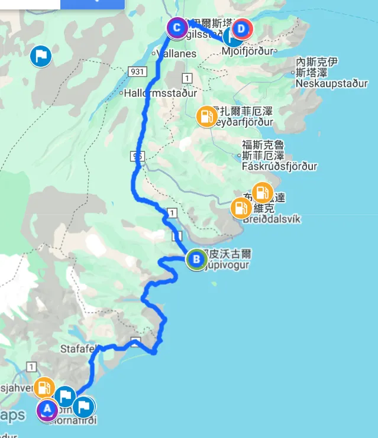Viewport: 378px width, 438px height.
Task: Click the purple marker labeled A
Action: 47,409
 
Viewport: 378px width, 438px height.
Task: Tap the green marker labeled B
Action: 195,259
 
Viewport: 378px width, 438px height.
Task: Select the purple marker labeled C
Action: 176,27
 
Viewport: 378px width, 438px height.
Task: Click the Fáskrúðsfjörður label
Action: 279,167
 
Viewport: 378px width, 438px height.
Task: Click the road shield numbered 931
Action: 137,72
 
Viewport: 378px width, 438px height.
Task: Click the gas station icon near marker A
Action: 44,388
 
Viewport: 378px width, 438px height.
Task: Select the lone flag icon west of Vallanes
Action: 41,57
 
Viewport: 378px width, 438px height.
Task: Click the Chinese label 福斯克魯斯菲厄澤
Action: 263,150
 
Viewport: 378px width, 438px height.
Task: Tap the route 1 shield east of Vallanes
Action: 188,78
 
